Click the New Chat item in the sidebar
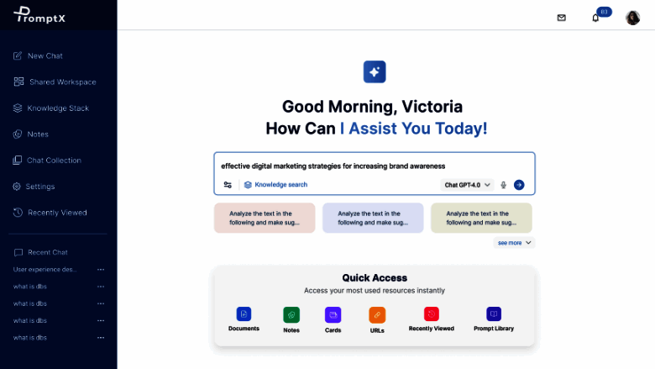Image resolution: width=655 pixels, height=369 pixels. (x=38, y=56)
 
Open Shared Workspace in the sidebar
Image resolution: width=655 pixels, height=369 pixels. (x=55, y=82)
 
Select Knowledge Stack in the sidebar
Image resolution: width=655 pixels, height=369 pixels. (x=51, y=108)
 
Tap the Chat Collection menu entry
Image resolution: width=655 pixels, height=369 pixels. (x=47, y=161)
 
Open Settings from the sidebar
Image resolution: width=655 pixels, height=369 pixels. (x=34, y=187)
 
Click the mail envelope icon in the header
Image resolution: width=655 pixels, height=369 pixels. (x=562, y=18)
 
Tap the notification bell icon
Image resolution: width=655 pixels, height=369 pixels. (x=595, y=18)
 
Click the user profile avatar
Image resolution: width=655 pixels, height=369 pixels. (x=632, y=18)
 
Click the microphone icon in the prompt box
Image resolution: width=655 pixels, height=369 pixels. (x=503, y=185)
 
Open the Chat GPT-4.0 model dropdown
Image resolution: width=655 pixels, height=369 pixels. (x=467, y=185)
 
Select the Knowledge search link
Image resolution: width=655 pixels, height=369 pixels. (x=275, y=185)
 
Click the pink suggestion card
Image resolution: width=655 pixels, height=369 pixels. (x=265, y=218)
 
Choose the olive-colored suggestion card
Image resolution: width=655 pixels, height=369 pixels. (x=481, y=218)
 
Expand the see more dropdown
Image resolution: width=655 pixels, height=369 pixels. (x=514, y=243)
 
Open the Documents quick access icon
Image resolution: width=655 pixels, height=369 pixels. (x=244, y=314)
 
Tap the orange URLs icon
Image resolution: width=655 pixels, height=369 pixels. (x=377, y=315)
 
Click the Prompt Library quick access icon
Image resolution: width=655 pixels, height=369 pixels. (x=494, y=314)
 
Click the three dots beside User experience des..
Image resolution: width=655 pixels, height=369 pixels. (x=101, y=270)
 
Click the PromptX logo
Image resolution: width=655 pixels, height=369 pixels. (x=39, y=14)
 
